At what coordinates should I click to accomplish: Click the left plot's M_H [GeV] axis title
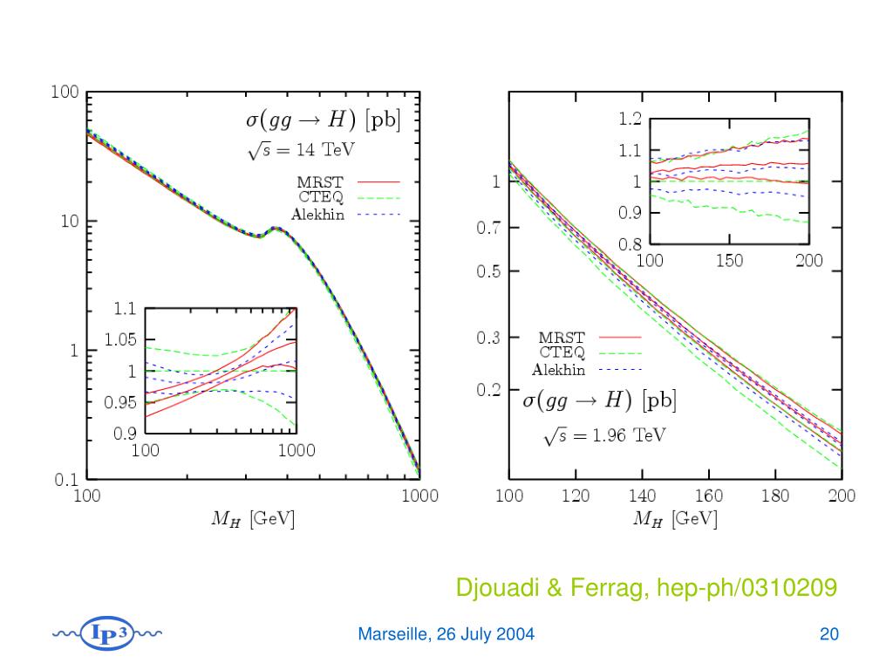pos(254,520)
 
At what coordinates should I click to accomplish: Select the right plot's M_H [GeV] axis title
pos(675,520)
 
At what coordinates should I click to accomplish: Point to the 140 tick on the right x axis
pos(642,496)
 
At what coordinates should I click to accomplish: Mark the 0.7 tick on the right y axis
pos(488,229)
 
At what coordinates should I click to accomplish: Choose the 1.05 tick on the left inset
pos(119,340)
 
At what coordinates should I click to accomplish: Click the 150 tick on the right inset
pos(729,260)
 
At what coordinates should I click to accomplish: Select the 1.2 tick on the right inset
pos(631,120)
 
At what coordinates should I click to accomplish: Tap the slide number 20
pos(828,634)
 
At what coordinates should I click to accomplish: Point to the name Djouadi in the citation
pos(492,589)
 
